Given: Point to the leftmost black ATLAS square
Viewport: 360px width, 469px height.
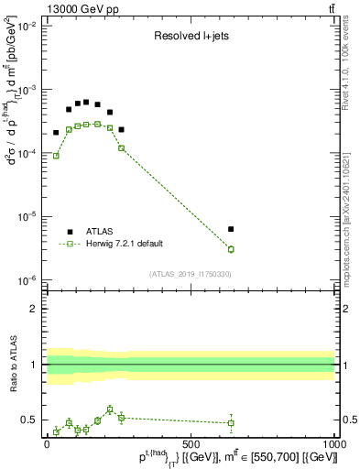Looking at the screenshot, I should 56,133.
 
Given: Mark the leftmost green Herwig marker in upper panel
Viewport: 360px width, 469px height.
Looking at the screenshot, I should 56,156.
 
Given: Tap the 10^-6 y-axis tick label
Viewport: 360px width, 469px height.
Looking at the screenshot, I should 27,280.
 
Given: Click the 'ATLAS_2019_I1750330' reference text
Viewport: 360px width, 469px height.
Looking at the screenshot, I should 191,274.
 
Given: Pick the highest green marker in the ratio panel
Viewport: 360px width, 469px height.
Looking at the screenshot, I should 110,409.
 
